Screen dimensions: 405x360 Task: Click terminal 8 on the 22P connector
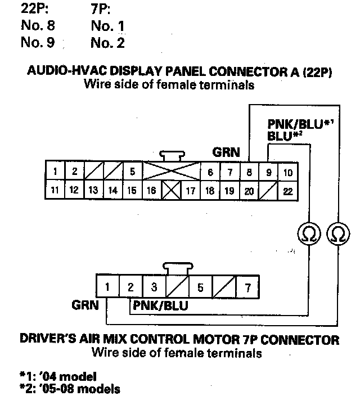click(249, 172)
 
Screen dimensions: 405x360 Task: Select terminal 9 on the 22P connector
click(268, 172)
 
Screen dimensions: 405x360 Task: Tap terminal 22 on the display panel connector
click(287, 191)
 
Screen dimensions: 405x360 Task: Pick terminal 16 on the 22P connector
click(151, 191)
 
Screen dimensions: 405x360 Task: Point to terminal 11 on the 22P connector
click(55, 191)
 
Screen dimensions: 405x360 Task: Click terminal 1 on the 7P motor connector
click(107, 287)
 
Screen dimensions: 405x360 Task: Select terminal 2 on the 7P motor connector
click(130, 287)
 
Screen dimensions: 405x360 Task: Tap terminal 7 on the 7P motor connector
click(247, 287)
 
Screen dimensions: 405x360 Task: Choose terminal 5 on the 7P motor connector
click(200, 287)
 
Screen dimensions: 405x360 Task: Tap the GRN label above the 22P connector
click(226, 152)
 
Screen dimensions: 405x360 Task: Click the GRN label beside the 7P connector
click(85, 306)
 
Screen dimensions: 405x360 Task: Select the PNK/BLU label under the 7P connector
click(160, 307)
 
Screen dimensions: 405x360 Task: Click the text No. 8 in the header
click(38, 25)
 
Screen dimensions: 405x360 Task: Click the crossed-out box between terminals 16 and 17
click(170, 191)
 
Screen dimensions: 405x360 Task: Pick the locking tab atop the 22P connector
click(171, 156)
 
